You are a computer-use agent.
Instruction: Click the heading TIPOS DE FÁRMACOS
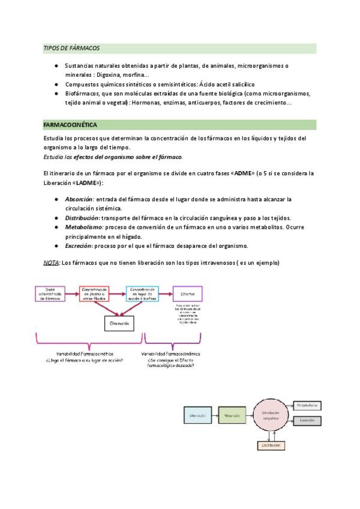[x=71, y=48]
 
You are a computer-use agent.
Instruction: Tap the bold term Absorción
[x=79, y=199]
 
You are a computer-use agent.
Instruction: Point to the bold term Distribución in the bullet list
[x=82, y=217]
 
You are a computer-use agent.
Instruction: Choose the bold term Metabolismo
[x=83, y=227]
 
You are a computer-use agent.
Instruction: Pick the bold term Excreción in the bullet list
[x=79, y=245]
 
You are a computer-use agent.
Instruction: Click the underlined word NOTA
[x=51, y=263]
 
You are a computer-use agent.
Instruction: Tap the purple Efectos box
[x=187, y=294]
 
